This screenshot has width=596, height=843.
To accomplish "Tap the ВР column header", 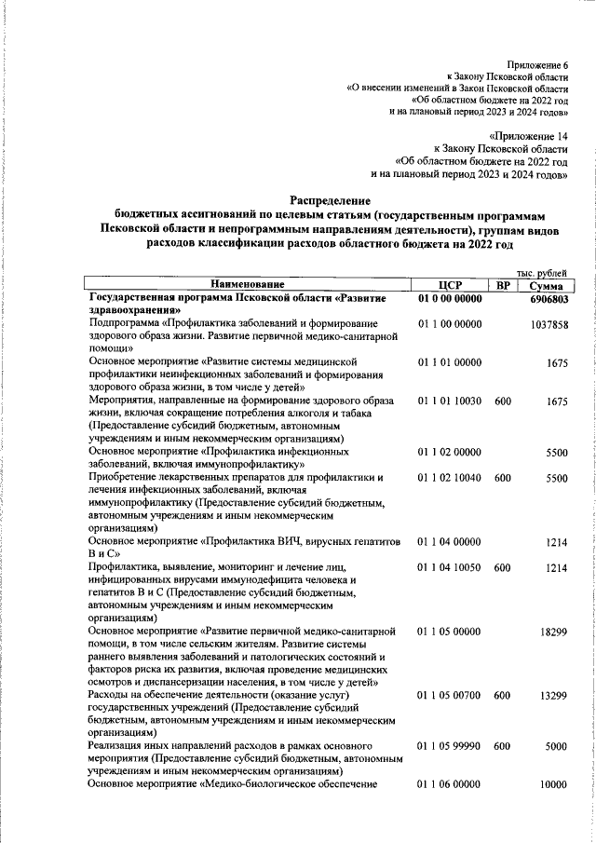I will (x=503, y=284).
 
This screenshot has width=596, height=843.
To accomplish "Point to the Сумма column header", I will (x=545, y=284).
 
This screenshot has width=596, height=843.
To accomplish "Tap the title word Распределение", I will (x=330, y=199).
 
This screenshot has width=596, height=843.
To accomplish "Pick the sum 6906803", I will (x=549, y=300).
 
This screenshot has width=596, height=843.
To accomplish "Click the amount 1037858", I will (x=549, y=323).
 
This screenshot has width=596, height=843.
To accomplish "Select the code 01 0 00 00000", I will (x=451, y=299).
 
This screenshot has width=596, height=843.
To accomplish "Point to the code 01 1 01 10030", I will (x=451, y=401).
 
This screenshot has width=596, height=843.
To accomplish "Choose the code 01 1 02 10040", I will (x=451, y=477).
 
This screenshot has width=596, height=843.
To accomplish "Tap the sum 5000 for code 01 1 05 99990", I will (x=557, y=746).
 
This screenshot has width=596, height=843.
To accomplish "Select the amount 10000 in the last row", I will (x=553, y=785).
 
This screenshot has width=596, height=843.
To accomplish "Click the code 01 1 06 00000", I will (x=451, y=785).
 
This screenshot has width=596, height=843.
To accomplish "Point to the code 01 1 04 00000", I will (x=451, y=541).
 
